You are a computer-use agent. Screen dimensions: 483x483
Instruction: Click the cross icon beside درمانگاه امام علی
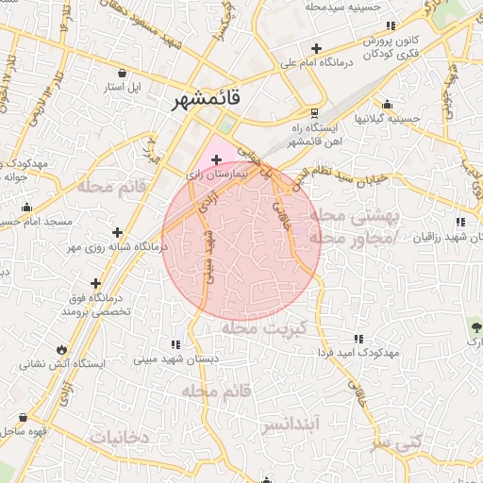[316, 48]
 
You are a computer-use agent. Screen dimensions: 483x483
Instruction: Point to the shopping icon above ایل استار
[123, 73]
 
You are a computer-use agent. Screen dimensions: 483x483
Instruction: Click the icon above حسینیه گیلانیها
[386, 105]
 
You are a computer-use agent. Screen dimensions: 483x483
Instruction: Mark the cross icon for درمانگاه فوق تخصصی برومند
[95, 282]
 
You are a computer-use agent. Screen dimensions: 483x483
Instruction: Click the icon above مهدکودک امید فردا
[358, 338]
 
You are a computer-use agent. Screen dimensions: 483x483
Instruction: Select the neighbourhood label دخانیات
[119, 437]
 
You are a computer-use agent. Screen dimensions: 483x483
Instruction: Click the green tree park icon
[475, 326]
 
